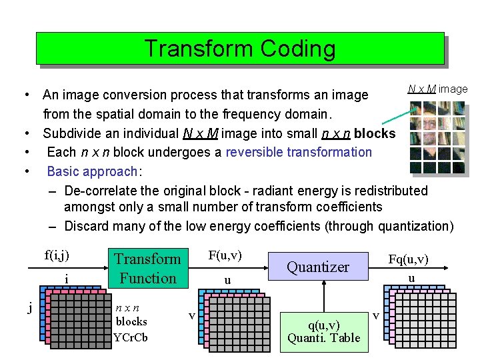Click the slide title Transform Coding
pyautogui.click(x=239, y=49)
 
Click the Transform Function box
pyautogui.click(x=147, y=268)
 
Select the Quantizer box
pyautogui.click(x=318, y=267)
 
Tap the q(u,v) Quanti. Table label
pyautogui.click(x=323, y=331)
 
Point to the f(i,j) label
pyautogui.click(x=57, y=255)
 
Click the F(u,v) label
pyautogui.click(x=225, y=255)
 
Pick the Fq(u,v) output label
pyautogui.click(x=408, y=259)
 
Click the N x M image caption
pyautogui.click(x=437, y=89)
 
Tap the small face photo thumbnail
pyautogui.click(x=437, y=137)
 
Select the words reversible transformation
pyautogui.click(x=299, y=152)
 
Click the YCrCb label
pyautogui.click(x=131, y=337)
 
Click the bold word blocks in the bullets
pyautogui.click(x=375, y=133)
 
